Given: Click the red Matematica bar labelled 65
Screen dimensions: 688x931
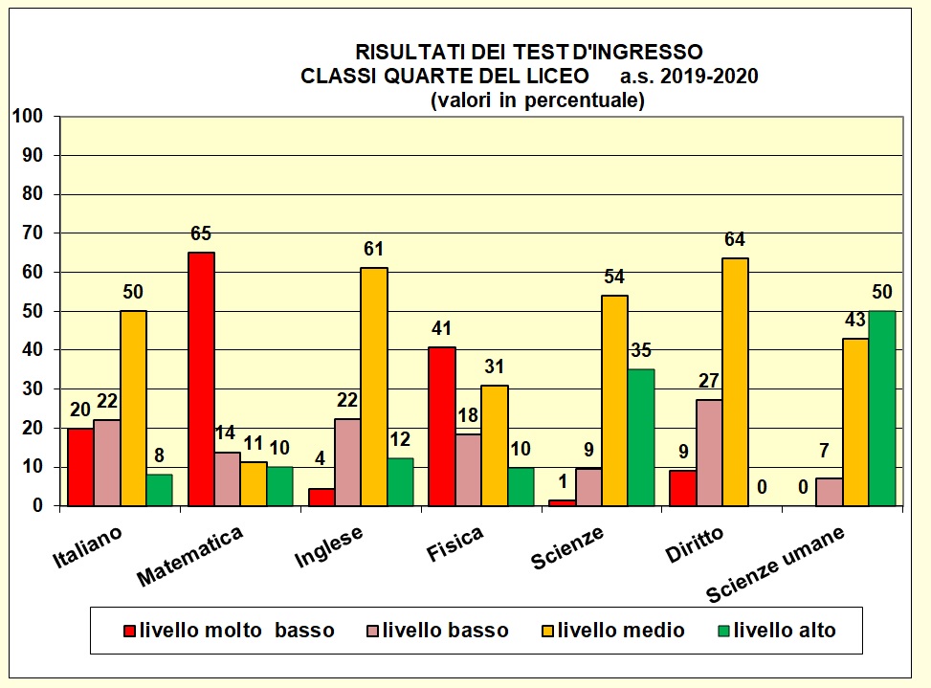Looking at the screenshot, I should pyautogui.click(x=201, y=379).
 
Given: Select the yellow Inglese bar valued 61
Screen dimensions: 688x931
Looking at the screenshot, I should pyautogui.click(x=373, y=387).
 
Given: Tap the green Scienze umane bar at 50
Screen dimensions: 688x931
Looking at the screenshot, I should pyautogui.click(x=881, y=408).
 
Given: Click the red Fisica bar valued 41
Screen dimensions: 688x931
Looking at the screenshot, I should pyautogui.click(x=441, y=426).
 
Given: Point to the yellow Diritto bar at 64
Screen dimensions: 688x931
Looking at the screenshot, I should pyautogui.click(x=735, y=382).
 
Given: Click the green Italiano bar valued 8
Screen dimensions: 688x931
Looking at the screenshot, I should pyautogui.click(x=161, y=489).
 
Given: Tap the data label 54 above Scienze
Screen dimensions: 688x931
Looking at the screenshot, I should pyautogui.click(x=614, y=277).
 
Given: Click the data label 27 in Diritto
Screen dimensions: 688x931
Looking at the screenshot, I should pyautogui.click(x=708, y=381).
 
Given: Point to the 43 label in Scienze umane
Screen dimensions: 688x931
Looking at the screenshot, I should pyautogui.click(x=855, y=321).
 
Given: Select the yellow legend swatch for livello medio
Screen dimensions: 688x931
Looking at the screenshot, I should pyautogui.click(x=548, y=631).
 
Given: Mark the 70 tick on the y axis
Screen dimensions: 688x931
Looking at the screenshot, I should pyautogui.click(x=34, y=233).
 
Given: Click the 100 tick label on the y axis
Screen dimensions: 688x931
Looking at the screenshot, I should pyautogui.click(x=29, y=117).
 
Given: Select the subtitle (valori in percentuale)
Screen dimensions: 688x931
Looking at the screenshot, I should pyautogui.click(x=537, y=100).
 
